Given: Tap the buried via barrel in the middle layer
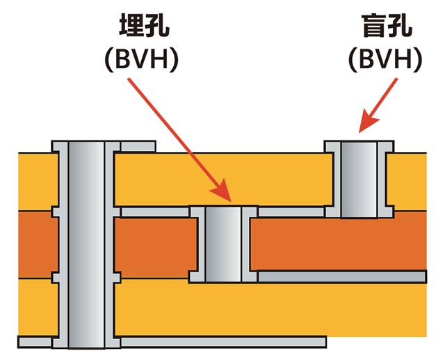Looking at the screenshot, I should coord(223,243).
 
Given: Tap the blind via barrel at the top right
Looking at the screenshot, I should coord(357,177).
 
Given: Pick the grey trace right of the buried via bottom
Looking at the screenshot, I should coord(341,277).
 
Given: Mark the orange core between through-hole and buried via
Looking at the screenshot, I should coord(153,243).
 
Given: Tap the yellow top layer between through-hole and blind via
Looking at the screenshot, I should coord(222,177).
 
